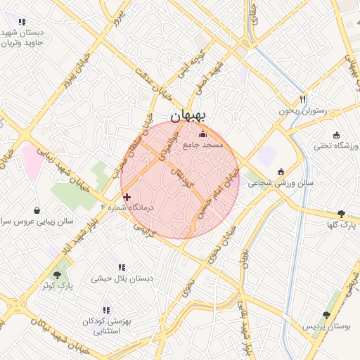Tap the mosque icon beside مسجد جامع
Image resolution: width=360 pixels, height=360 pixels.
coord(203,134)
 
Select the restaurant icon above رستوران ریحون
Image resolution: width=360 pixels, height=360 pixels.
coord(303,99)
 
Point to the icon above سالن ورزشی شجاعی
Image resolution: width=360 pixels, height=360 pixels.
coord(281,172)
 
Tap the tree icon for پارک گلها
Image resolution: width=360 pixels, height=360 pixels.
coord(341,214)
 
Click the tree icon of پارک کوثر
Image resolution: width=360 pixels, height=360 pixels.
coord(58,274)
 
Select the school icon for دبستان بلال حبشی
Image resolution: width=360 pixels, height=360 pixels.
coord(122,268)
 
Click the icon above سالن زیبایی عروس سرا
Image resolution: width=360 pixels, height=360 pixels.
coord(37,210)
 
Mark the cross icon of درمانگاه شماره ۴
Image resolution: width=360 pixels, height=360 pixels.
coord(127,197)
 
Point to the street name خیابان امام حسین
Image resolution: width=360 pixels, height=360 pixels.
coord(219,193)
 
